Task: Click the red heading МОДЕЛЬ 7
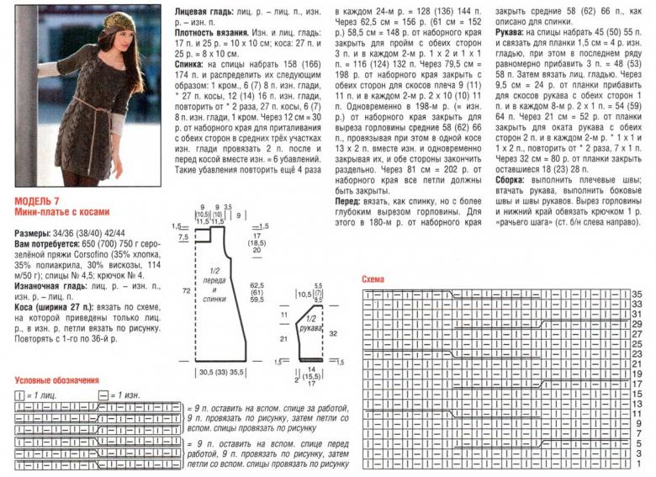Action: point(37,201)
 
